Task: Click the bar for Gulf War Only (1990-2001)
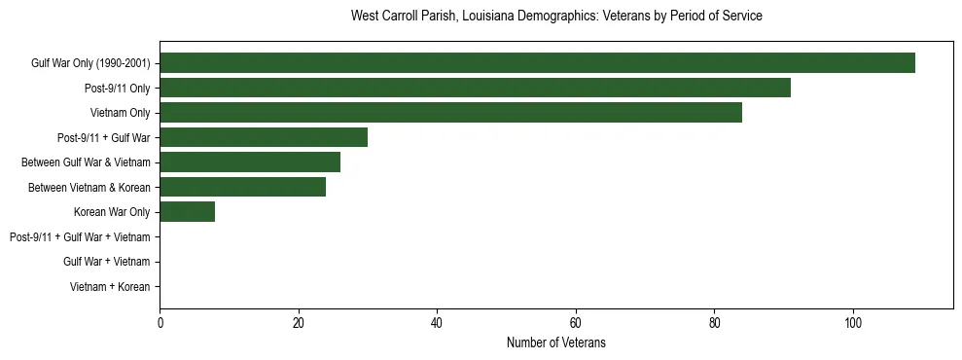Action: (x=537, y=63)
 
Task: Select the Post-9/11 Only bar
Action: (x=475, y=89)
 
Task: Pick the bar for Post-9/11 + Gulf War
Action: (x=264, y=138)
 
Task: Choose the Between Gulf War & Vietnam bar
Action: (x=250, y=162)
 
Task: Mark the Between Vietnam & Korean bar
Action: (x=242, y=188)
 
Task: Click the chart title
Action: (x=556, y=17)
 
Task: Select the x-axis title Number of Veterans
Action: (x=556, y=342)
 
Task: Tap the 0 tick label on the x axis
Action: (x=160, y=323)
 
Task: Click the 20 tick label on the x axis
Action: (x=299, y=323)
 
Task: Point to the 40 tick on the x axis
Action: (x=437, y=323)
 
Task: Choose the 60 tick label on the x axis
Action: (x=576, y=323)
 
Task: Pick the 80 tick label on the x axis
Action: (x=714, y=323)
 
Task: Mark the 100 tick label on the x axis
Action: (x=853, y=323)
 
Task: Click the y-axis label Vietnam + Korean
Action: (x=110, y=287)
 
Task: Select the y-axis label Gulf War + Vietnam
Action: (x=106, y=262)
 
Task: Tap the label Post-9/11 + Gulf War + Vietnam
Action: (x=80, y=237)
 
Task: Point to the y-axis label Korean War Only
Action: (x=112, y=212)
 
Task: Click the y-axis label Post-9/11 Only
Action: (x=117, y=89)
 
